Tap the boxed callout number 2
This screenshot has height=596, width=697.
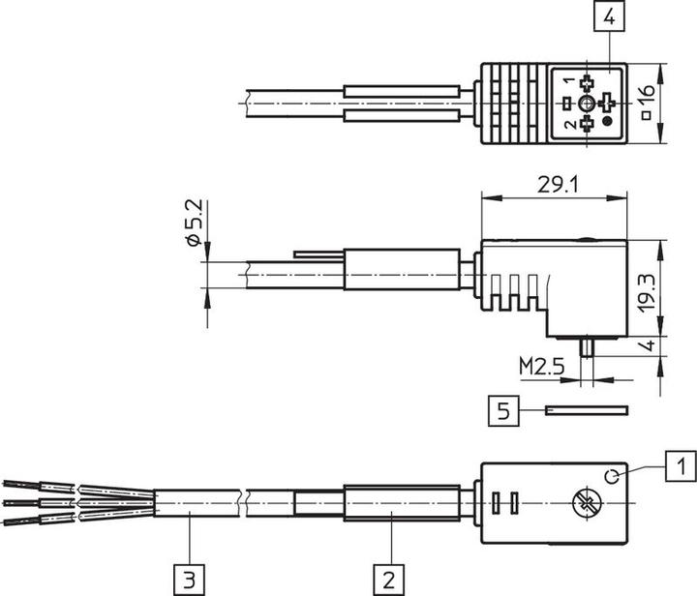tap(388, 581)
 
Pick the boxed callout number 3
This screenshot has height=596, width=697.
tap(189, 581)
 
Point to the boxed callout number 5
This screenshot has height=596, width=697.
tap(502, 412)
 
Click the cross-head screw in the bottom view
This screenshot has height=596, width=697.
tap(584, 502)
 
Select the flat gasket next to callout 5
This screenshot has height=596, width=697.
tap(586, 410)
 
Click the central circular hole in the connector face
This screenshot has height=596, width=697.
tap(588, 104)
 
